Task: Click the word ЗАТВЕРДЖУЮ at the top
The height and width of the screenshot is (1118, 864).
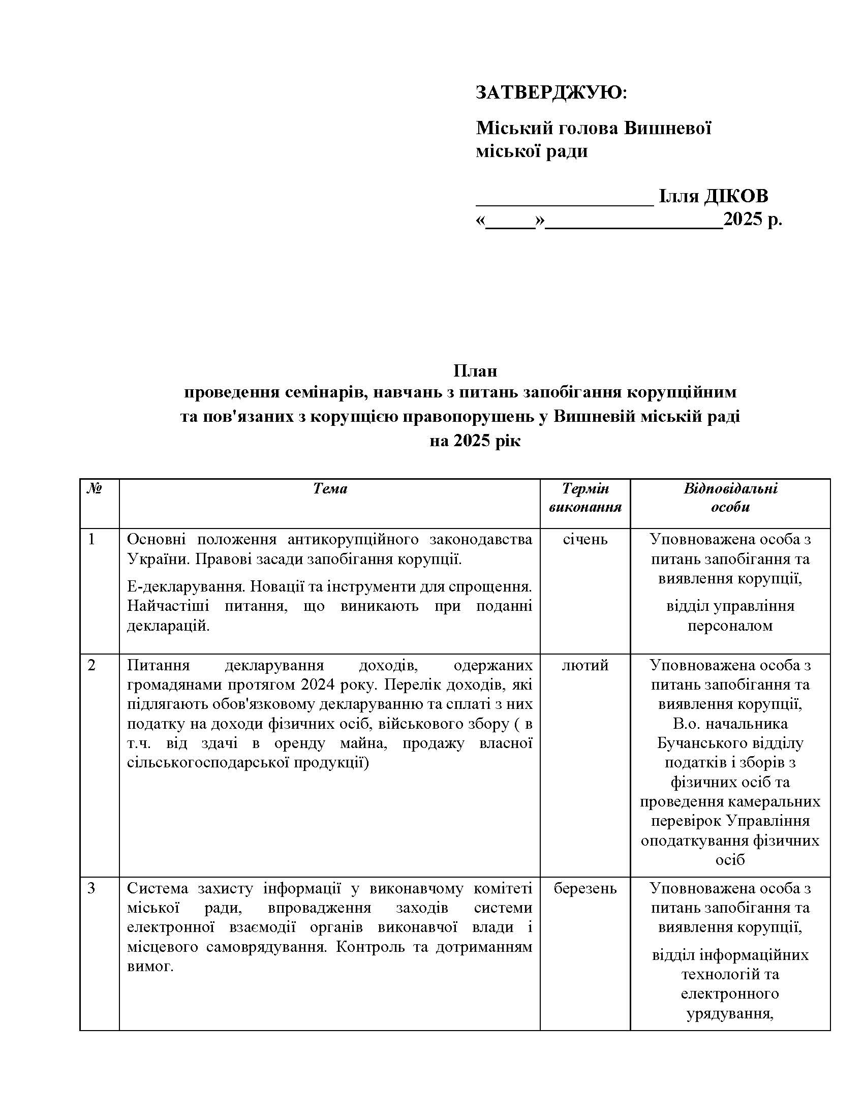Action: [548, 92]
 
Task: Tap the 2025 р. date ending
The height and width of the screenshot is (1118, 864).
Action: [752, 220]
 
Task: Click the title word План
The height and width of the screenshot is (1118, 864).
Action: [475, 370]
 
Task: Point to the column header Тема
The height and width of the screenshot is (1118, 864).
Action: [330, 489]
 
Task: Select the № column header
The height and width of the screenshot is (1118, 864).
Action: [94, 489]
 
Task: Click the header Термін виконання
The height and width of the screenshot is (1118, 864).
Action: [585, 498]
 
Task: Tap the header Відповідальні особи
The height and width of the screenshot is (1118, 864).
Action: [730, 498]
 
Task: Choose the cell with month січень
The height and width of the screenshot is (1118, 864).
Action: [585, 539]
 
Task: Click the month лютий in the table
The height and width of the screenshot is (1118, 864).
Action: [585, 665]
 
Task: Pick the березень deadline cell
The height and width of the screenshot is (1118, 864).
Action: [585, 888]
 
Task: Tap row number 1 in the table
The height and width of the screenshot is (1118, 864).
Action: [91, 539]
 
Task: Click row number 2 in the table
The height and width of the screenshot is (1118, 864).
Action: [91, 665]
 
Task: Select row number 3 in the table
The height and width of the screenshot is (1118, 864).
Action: [91, 888]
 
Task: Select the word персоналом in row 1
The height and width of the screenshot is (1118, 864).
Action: [730, 626]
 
